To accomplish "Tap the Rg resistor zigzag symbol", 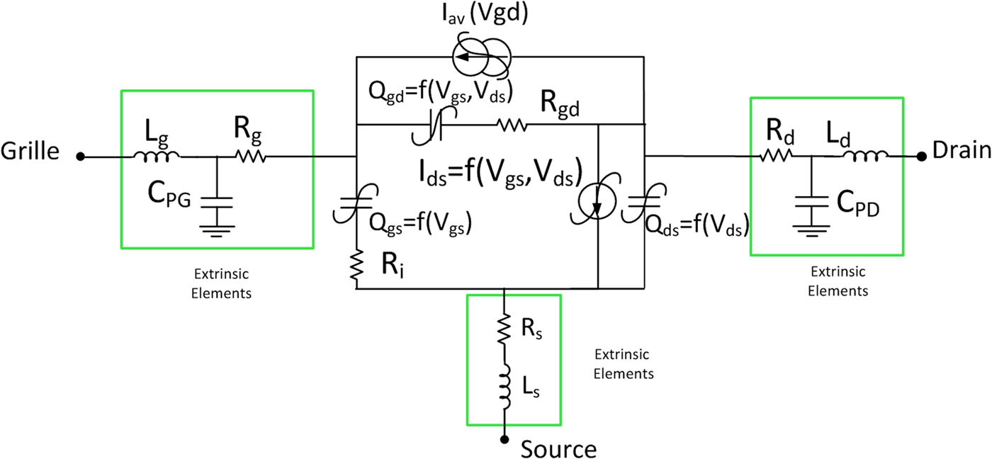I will (252, 156).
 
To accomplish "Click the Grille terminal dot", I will (81, 157).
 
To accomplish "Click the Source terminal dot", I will (504, 439).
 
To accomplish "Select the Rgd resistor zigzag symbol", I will (512, 125).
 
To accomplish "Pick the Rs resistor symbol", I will (504, 329).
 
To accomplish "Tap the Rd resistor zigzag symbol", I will (777, 156).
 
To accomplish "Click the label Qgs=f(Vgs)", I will (421, 225).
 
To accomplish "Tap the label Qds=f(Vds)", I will (698, 227).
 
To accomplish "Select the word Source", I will (559, 448).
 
